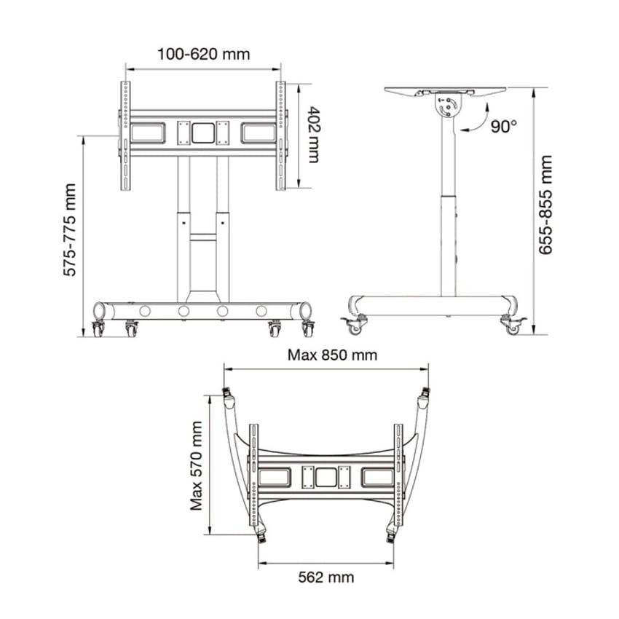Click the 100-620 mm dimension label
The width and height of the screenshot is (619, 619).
204,54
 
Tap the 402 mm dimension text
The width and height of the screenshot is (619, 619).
314,135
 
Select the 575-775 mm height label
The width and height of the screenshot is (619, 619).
70,229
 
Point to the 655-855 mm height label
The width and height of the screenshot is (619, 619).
545,205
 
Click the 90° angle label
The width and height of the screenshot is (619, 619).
504,126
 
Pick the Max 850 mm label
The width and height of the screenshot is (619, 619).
332,355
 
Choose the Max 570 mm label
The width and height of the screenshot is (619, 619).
196,466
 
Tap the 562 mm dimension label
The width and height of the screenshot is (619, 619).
326,577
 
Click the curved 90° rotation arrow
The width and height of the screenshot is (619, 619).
480,122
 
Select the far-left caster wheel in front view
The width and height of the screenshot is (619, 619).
98,329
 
